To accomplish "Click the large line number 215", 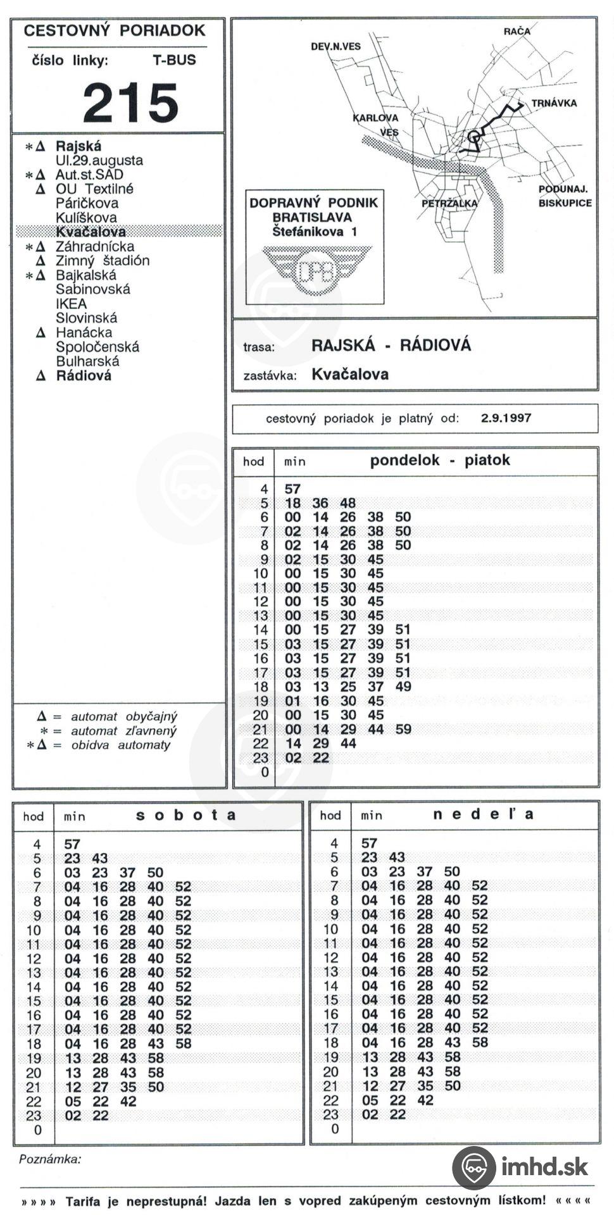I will click(x=130, y=103).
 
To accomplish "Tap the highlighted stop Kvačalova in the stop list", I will click(x=91, y=232).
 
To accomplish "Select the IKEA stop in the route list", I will click(x=71, y=304).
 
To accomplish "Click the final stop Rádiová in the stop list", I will click(x=83, y=376).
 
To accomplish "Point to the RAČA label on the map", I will click(x=517, y=31).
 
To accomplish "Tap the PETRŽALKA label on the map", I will click(x=449, y=203).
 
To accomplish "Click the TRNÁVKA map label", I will click(x=554, y=103).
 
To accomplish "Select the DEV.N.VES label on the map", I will click(x=335, y=46).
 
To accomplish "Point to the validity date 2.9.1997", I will click(x=506, y=418).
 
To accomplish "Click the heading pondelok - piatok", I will click(x=439, y=460).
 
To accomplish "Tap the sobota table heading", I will click(x=186, y=814).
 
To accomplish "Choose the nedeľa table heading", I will click(x=483, y=814).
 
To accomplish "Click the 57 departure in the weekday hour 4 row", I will click(x=292, y=489).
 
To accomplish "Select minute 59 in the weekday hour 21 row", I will click(x=403, y=729).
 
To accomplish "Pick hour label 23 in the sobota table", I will click(x=34, y=1116).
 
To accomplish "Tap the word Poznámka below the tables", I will click(x=50, y=1159).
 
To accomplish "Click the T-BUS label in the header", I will click(x=174, y=61).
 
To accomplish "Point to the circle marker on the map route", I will click(x=473, y=136).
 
